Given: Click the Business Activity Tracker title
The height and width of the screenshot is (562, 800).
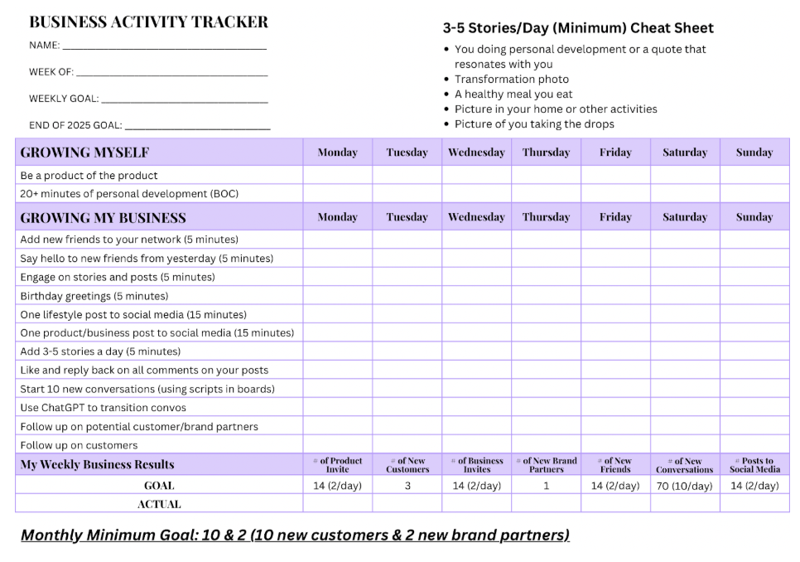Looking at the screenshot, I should (x=148, y=22).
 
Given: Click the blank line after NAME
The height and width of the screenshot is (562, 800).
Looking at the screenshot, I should (x=164, y=47).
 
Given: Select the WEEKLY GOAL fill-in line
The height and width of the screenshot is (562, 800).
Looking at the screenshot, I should (x=184, y=100).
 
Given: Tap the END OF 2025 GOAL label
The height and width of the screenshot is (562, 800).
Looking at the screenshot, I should (x=75, y=125).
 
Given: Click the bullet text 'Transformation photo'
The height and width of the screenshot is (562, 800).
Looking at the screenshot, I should (x=511, y=80).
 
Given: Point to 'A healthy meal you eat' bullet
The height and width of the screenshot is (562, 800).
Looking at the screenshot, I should (x=513, y=94).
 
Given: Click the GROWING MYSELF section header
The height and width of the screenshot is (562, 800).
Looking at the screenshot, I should (x=84, y=153).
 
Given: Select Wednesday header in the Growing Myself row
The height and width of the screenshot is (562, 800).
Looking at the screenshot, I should (x=476, y=153).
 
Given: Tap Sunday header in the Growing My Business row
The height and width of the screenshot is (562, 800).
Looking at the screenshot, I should (x=754, y=217).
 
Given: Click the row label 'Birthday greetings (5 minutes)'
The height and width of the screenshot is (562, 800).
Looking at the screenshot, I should (x=94, y=296).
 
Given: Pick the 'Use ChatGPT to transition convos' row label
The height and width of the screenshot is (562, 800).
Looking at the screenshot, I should (x=103, y=408).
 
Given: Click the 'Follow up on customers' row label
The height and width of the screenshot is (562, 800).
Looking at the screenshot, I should (x=79, y=445).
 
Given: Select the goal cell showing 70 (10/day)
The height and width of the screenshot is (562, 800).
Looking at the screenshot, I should (x=684, y=486).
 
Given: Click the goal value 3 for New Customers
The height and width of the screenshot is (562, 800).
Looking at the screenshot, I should (x=407, y=486).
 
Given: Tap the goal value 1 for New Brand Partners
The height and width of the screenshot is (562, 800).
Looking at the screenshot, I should (x=546, y=486).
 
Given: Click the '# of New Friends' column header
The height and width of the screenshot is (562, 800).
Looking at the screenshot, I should (x=615, y=465).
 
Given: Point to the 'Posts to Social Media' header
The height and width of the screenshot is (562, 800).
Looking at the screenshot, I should (x=754, y=465).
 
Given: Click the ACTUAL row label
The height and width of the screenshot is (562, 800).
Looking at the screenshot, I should (x=159, y=504).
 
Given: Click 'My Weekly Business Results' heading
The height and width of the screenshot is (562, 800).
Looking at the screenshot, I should (x=97, y=464).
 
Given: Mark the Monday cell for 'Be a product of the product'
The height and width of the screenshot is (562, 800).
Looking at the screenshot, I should (x=337, y=176).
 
